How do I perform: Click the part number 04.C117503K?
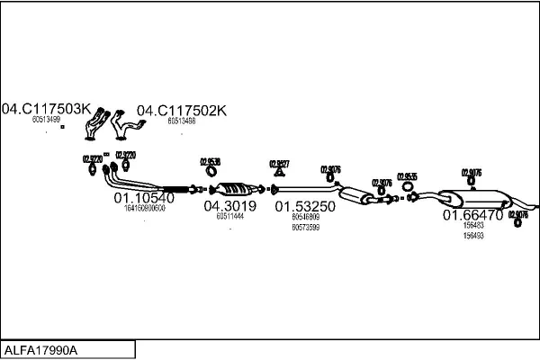pyautogui.click(x=47, y=110)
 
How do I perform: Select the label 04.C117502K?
pyautogui.click(x=182, y=110)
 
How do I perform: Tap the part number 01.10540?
pyautogui.click(x=143, y=197)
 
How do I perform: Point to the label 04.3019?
pyautogui.click(x=229, y=206)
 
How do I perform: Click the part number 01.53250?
pyautogui.click(x=305, y=206)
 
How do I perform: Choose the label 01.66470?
pyautogui.click(x=472, y=215)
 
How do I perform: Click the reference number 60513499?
pyautogui.click(x=46, y=120)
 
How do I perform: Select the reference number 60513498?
pyautogui.click(x=182, y=120)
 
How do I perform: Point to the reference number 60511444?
pyautogui.click(x=230, y=217)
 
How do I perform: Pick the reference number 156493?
pyautogui.click(x=472, y=236)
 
